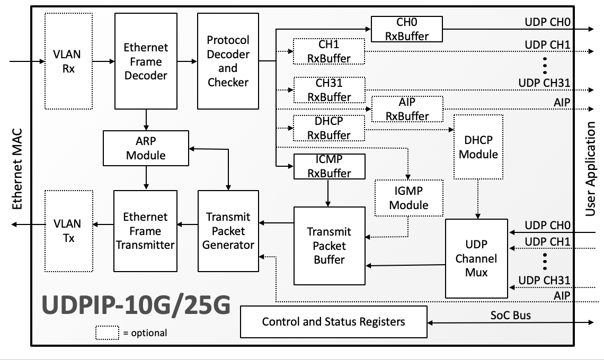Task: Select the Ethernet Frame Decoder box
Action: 146,61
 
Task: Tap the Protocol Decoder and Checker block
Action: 228,61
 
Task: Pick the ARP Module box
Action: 146,148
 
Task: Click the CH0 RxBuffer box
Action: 406,29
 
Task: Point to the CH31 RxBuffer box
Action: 329,89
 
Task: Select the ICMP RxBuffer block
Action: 329,166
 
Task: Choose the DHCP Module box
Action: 478,147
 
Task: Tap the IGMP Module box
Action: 408,197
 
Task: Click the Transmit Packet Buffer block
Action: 329,245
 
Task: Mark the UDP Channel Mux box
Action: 476,258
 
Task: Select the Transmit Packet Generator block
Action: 228,231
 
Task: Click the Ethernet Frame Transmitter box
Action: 146,231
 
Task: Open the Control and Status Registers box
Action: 333,321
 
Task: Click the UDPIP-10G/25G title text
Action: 136,306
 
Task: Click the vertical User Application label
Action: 591,169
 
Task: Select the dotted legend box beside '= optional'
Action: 108,332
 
